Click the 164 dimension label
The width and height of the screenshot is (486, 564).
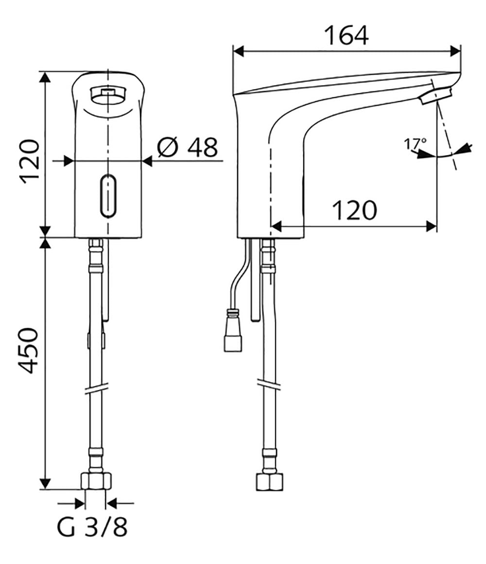coord(346,35)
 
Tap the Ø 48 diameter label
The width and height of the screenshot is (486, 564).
coord(188,147)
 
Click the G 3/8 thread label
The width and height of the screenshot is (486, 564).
coord(92,527)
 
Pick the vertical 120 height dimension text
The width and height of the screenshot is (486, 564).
coord(29,162)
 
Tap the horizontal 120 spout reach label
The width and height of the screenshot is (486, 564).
coord(354,211)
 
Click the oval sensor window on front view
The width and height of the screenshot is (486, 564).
coord(108,196)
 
